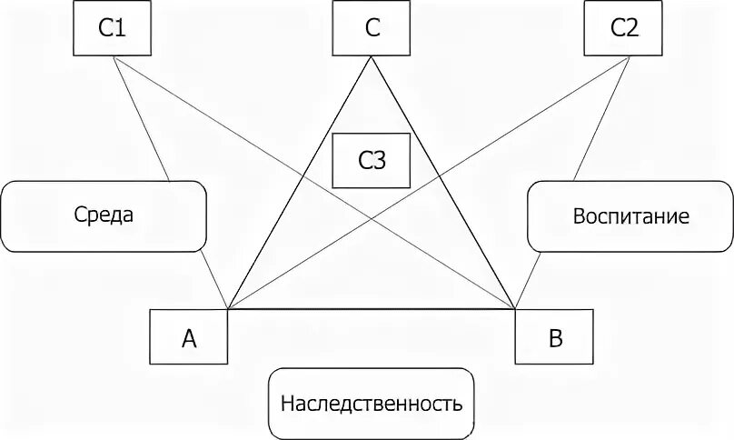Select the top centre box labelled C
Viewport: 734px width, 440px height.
point(371,28)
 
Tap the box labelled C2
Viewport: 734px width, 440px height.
point(625,28)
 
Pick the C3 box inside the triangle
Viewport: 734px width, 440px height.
point(372,161)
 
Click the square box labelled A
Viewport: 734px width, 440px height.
point(189,337)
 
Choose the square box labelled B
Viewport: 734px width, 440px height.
point(554,337)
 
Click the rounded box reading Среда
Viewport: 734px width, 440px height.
point(104,216)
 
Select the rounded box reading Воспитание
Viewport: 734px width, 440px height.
point(630,216)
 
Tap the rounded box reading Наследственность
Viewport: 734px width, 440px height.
point(372,403)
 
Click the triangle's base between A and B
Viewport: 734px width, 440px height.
point(372,310)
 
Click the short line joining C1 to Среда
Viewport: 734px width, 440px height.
point(144,118)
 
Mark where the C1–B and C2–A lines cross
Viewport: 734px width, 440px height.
point(372,218)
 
